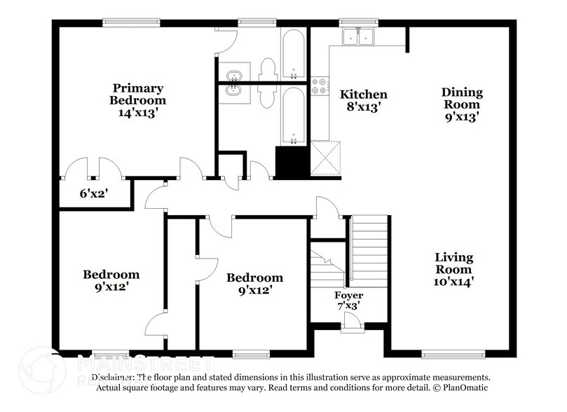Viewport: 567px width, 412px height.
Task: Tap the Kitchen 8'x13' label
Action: coord(363,100)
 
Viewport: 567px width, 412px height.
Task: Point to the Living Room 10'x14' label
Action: coord(453,270)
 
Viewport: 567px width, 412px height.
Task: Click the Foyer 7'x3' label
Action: coord(348,300)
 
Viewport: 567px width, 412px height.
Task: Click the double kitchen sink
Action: coord(358,37)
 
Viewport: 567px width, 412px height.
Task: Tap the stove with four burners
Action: coord(320,86)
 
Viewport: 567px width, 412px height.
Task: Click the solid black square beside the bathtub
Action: coord(292,161)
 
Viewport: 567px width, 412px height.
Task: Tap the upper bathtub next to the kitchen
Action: coord(293,55)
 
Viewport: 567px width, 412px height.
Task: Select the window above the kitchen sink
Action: coord(349,22)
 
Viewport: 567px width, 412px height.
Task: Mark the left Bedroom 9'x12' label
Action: coord(111,280)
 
